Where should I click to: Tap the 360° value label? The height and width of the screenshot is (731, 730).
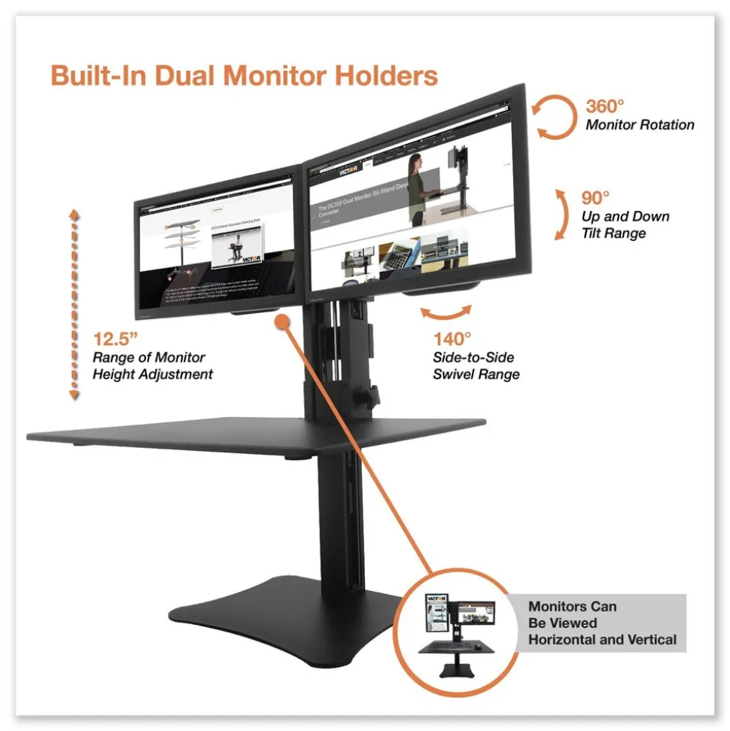[607, 105]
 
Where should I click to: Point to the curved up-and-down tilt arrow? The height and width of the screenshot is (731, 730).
[561, 214]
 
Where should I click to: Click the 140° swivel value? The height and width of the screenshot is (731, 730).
[452, 340]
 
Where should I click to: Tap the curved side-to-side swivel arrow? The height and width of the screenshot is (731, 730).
[446, 312]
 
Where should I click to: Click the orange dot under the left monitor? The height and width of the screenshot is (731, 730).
[282, 321]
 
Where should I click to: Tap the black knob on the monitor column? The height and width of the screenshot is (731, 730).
[370, 393]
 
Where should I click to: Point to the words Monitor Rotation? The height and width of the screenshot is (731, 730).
[640, 125]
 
